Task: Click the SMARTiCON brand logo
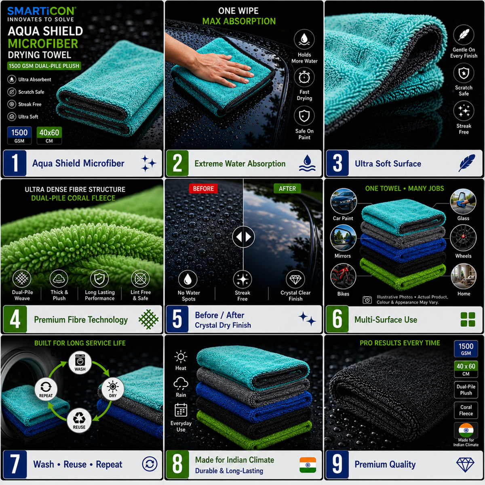(42, 11)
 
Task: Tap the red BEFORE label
(203, 188)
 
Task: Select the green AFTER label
(287, 188)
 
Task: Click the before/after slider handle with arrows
(243, 236)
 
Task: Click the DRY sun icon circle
(112, 389)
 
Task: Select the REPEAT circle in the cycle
(46, 389)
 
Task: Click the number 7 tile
(15, 464)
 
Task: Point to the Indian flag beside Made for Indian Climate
(308, 465)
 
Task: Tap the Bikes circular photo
(343, 276)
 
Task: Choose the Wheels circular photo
(463, 238)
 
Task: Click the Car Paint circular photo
(343, 201)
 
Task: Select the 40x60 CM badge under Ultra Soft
(49, 135)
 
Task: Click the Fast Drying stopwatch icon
(304, 77)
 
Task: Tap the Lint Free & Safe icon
(140, 278)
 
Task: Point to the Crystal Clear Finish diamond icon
(295, 279)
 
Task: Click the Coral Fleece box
(466, 410)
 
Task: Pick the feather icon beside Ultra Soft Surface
(466, 163)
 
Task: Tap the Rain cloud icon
(181, 384)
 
